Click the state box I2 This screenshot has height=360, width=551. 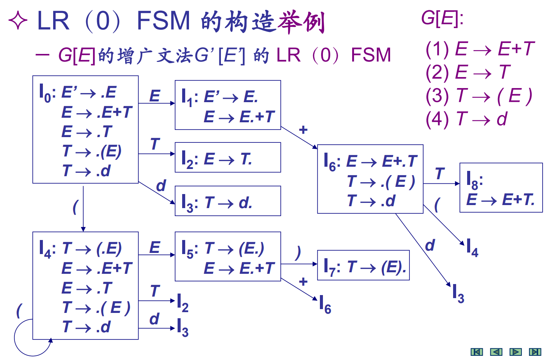point(228,158)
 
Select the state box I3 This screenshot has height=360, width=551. point(228,201)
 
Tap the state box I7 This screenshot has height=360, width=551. point(363,265)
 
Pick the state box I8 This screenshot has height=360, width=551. point(501,188)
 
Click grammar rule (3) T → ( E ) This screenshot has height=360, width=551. point(479,96)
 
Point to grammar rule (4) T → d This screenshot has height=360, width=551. point(466,119)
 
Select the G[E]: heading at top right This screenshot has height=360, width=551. point(442,18)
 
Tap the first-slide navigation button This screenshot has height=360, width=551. point(477,352)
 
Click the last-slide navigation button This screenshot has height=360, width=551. point(535,352)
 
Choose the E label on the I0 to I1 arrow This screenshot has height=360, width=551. point(154,96)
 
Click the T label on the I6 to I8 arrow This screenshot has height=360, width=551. point(440,174)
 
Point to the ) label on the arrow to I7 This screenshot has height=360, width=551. point(298,253)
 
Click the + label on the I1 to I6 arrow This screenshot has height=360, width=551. point(303,130)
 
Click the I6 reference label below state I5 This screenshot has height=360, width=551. point(325,305)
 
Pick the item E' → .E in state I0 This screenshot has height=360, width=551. point(88,93)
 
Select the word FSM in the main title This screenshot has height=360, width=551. point(163,21)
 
